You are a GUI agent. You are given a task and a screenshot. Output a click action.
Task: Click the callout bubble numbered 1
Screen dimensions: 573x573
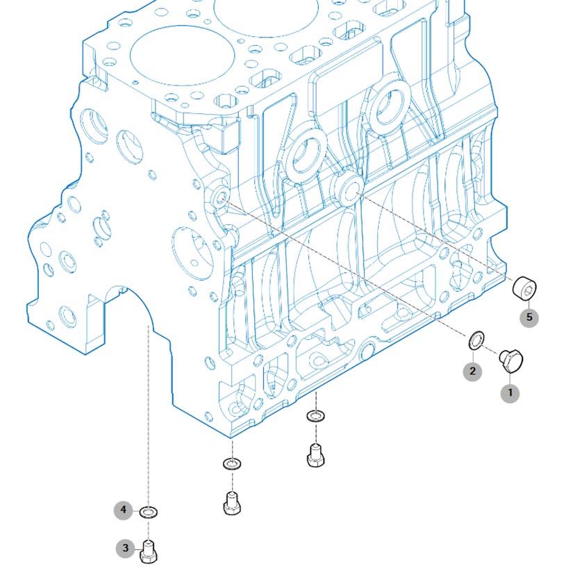coord(510,393)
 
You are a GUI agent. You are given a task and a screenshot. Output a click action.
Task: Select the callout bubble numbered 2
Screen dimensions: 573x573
coord(472,372)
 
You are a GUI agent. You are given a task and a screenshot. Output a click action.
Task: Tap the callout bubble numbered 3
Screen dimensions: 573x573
coord(125,548)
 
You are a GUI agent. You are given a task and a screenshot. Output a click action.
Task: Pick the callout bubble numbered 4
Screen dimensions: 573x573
coord(123,509)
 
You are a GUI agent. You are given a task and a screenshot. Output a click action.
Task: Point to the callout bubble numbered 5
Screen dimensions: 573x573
coord(529,317)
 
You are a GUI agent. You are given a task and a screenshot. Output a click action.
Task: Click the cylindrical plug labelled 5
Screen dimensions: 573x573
coord(524,288)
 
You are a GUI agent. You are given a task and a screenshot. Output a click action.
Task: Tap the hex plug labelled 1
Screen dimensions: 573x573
coord(511,361)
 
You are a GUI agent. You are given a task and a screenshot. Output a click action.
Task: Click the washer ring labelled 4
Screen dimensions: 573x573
coord(149,513)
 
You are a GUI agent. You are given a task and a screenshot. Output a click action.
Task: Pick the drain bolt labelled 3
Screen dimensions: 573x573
coord(149,551)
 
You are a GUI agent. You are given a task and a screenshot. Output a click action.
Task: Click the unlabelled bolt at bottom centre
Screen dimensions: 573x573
coord(232,504)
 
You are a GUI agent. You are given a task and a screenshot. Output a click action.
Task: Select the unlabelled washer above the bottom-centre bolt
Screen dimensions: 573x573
coord(232,464)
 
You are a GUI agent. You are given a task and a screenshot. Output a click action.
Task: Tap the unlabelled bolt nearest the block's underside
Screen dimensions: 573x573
coord(316,456)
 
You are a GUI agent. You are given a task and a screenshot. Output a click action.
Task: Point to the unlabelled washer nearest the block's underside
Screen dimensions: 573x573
coord(316,416)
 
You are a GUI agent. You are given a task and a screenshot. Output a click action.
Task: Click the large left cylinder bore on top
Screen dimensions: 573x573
coord(183,56)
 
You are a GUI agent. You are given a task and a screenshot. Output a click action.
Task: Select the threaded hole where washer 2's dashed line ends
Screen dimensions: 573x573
coord(220,198)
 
